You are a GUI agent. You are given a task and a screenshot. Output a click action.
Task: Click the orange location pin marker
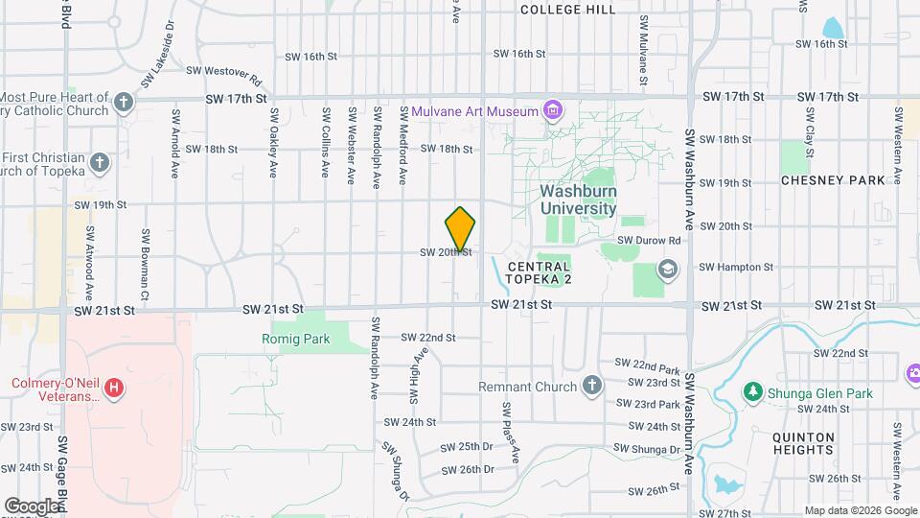pyautogui.click(x=461, y=229)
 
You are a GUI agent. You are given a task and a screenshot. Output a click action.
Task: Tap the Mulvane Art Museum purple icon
pyautogui.click(x=552, y=111)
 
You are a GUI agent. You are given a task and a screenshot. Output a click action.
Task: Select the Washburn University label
pyautogui.click(x=577, y=199)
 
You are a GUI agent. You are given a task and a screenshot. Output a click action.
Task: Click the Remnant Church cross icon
pyautogui.click(x=592, y=387)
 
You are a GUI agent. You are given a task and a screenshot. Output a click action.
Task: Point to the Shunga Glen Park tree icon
pyautogui.click(x=753, y=392)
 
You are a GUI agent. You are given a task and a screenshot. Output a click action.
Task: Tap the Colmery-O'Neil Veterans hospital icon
pyautogui.click(x=114, y=388)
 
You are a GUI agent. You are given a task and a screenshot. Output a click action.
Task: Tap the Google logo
pyautogui.click(x=32, y=506)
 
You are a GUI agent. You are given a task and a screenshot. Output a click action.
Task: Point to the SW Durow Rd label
pyautogui.click(x=649, y=240)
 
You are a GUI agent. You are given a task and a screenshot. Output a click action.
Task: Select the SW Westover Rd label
pyautogui.click(x=223, y=70)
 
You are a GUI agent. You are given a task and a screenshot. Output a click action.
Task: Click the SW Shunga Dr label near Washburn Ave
pyautogui.click(x=647, y=448)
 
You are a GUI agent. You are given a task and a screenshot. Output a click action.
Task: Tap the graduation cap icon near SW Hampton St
pyautogui.click(x=667, y=269)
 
